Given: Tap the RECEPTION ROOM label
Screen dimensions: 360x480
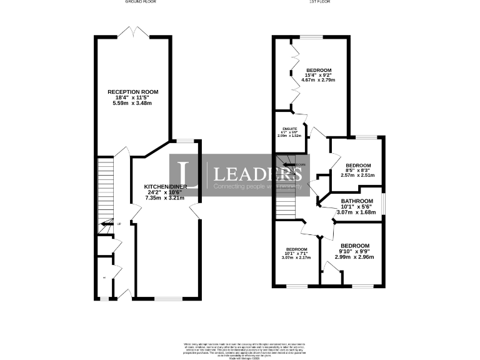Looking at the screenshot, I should coord(132,92).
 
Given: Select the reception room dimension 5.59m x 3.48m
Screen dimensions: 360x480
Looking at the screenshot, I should coord(132,103).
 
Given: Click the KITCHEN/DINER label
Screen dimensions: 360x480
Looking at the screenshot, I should coord(164,186).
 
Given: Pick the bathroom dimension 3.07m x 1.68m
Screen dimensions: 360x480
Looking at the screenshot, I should coord(357,212).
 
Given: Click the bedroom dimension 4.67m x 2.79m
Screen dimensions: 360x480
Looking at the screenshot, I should coord(318,80).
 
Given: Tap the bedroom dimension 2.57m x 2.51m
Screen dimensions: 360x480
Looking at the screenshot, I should coord(357,176).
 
